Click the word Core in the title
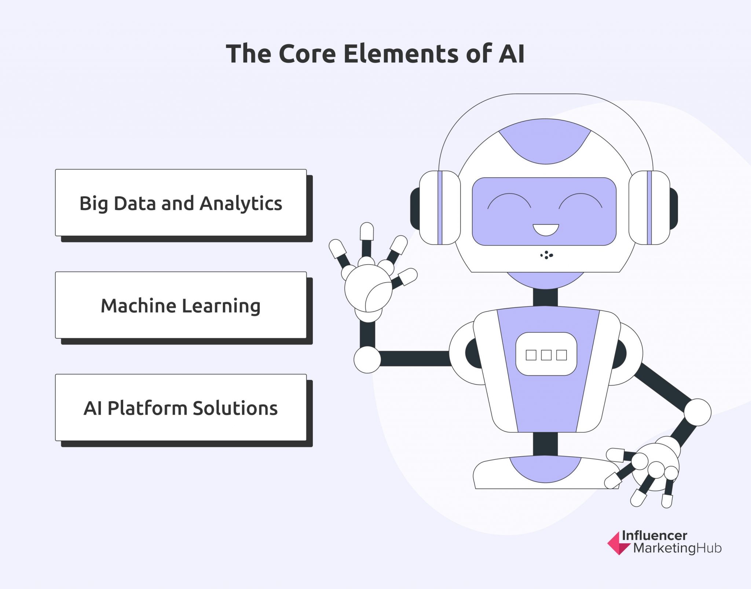click(307, 54)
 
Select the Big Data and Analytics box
click(181, 202)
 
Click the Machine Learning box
click(181, 305)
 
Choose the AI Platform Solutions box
click(181, 407)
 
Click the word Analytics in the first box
click(241, 204)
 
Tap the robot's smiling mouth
click(546, 230)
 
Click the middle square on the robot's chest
click(546, 355)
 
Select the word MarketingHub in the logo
click(677, 549)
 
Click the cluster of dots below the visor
click(546, 255)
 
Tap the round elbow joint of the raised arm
click(367, 360)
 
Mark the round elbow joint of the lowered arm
click(697, 412)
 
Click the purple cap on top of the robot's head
click(545, 141)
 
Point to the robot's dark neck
click(545, 297)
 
